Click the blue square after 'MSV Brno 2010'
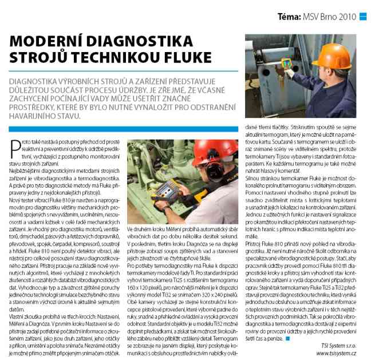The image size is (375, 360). coord(362,17)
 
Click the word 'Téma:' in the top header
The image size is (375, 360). coord(290,17)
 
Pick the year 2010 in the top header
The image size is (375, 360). coord(347,17)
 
